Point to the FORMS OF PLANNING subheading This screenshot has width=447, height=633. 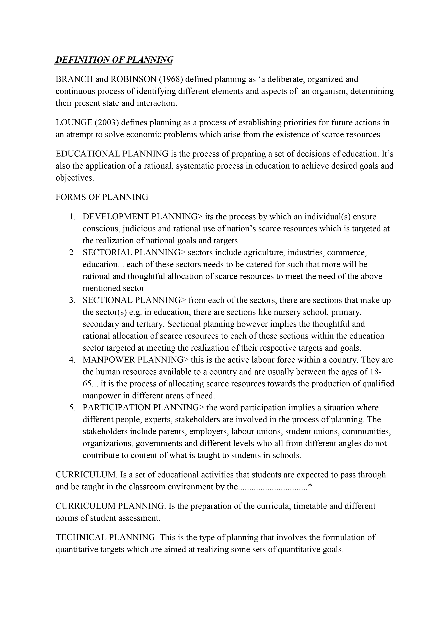pyautogui.click(x=102, y=197)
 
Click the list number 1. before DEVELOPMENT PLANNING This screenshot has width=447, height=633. pyautogui.click(x=72, y=217)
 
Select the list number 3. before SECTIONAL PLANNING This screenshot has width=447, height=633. pyautogui.click(x=72, y=300)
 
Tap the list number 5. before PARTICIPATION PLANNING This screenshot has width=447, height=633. pyautogui.click(x=72, y=407)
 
